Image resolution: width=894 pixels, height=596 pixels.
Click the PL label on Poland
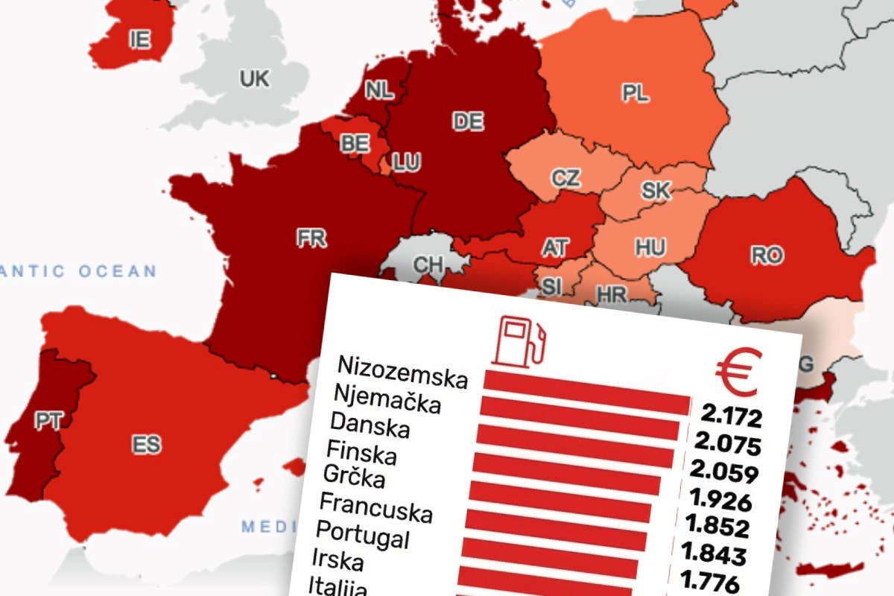(635, 93)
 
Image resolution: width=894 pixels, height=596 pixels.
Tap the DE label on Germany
(468, 121)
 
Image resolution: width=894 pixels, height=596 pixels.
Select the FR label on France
(311, 238)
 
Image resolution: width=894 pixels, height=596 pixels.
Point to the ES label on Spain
(146, 446)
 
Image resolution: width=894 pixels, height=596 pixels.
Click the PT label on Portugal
(47, 421)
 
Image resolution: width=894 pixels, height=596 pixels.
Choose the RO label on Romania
(767, 256)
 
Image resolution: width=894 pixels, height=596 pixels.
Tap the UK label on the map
(254, 77)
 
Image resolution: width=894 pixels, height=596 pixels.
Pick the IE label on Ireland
(139, 39)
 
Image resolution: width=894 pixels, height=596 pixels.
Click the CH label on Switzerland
(428, 265)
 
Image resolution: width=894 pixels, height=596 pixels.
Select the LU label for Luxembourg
(406, 162)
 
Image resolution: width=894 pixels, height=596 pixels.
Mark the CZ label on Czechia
(565, 178)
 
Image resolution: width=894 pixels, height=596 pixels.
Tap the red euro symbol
(738, 372)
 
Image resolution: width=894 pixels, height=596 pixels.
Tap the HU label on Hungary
(650, 247)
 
